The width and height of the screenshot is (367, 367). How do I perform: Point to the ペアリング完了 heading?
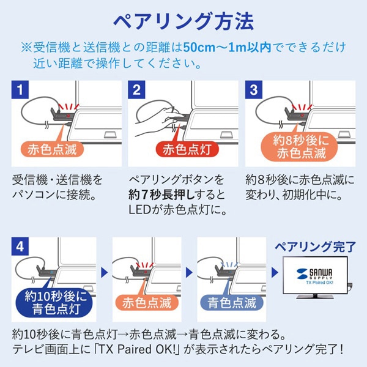(314, 247)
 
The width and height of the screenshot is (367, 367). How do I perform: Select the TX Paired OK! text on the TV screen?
(315, 283)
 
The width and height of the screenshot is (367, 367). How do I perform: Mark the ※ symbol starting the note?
(26, 48)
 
